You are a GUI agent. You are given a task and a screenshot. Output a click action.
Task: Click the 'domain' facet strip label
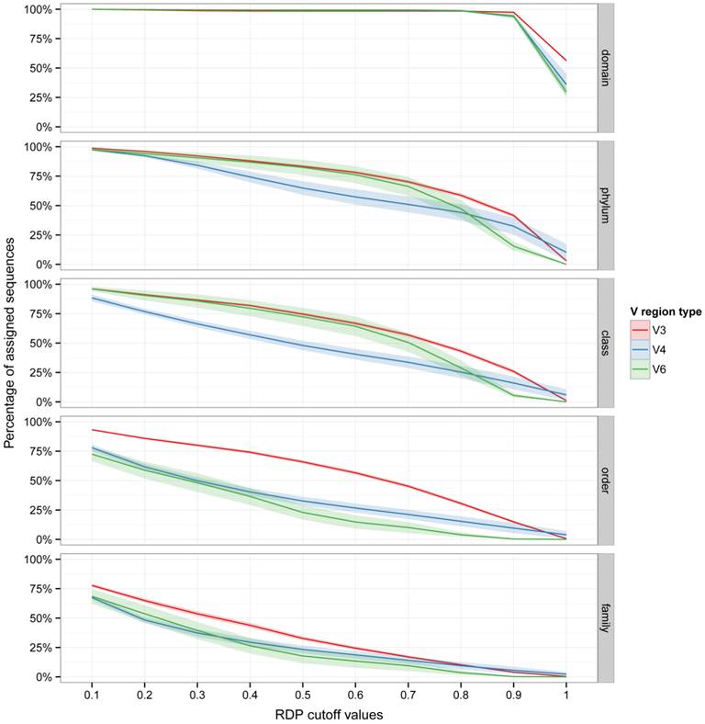606,69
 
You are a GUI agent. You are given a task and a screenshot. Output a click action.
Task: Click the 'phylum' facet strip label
606,206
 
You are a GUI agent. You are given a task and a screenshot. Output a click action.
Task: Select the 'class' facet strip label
606,344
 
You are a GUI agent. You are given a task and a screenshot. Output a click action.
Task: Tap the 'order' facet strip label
606,481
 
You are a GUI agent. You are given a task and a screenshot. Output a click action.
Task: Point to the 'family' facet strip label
606,618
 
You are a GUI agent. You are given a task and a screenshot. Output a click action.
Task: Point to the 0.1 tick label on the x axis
92,695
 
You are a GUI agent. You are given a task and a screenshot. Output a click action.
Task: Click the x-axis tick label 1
565,695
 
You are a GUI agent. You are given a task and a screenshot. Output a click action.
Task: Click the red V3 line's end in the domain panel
565,61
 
